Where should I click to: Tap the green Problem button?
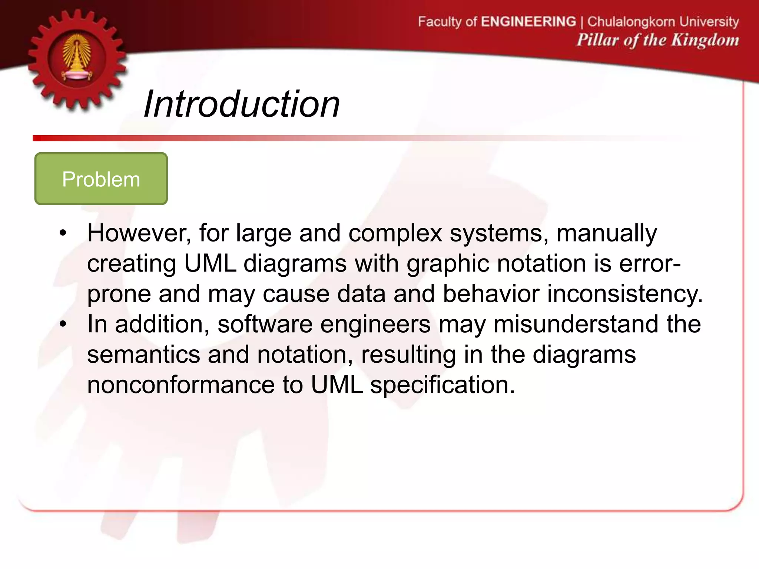[x=101, y=179]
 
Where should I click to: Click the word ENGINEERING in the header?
[x=528, y=21]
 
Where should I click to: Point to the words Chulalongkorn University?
[x=663, y=21]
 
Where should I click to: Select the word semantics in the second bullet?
[x=144, y=355]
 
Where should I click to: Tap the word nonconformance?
[x=181, y=385]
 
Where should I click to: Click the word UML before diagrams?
[x=210, y=264]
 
